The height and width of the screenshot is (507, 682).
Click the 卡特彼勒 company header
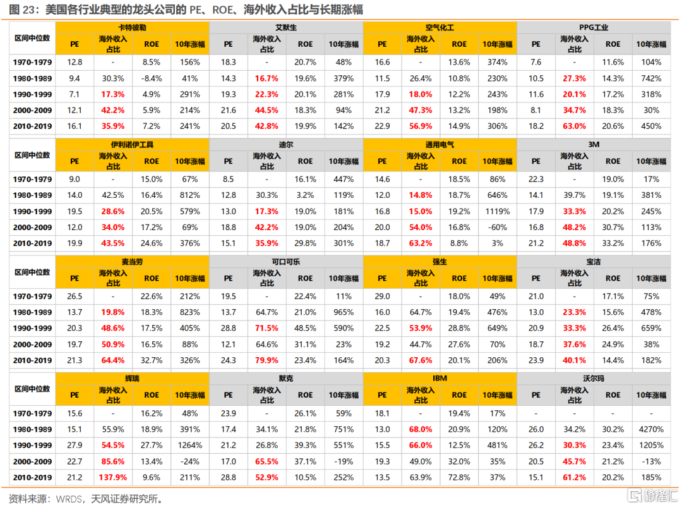click(132, 28)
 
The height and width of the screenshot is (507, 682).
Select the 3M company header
click(593, 144)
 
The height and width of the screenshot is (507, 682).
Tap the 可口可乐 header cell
click(285, 261)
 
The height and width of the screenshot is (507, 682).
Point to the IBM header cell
click(440, 377)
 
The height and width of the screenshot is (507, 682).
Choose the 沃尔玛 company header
click(593, 377)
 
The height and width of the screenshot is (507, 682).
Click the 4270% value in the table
click(650, 429)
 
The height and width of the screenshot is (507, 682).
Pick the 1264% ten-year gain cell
click(189, 445)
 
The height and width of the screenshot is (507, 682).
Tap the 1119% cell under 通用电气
click(498, 212)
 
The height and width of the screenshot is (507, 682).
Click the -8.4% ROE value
click(152, 78)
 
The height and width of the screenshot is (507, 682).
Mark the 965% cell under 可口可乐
click(344, 313)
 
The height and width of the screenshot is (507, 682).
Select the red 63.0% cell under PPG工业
click(574, 126)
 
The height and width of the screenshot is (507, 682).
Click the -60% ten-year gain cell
click(498, 227)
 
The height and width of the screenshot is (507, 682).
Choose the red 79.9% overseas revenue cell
click(266, 360)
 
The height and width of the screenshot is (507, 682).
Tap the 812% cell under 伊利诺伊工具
click(189, 196)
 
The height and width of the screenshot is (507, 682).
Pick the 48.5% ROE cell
click(305, 329)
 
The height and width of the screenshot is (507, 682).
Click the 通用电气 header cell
click(440, 144)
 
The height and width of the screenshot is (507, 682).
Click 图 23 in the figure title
click(21, 10)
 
